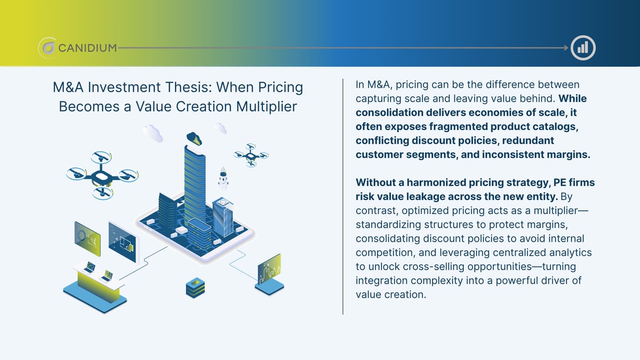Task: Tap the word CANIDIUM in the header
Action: click(x=87, y=49)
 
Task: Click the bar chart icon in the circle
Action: click(x=582, y=48)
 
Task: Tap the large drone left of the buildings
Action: click(x=102, y=175)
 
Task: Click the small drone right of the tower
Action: click(x=251, y=154)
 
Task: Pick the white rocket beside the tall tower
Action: click(x=223, y=178)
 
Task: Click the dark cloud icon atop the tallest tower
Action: click(x=194, y=139)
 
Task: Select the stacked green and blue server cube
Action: click(x=195, y=287)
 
